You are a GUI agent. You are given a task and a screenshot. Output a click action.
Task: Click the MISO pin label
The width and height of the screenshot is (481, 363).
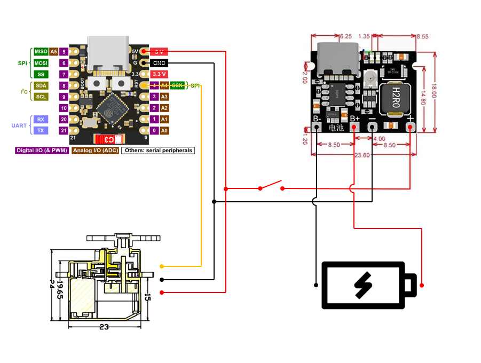tap(41, 52)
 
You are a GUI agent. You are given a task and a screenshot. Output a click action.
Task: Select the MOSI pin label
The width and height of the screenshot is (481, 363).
tap(41, 63)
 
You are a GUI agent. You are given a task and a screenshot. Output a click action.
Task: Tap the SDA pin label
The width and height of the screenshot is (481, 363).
tap(41, 85)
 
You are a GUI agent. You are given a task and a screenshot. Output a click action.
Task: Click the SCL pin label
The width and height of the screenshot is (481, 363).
tap(41, 97)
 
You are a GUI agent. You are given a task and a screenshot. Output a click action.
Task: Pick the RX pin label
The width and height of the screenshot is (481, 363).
tap(41, 119)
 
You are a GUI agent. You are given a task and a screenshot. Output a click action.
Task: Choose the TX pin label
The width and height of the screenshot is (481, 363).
tap(41, 130)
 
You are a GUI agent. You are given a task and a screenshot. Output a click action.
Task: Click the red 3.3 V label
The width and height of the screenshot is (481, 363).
tap(159, 74)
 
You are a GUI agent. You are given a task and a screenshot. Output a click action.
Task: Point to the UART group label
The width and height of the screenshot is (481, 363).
tap(19, 125)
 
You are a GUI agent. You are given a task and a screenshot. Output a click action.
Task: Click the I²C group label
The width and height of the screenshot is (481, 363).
tap(24, 92)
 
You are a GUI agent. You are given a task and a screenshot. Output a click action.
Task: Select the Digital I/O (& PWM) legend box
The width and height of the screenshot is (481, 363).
tap(42, 151)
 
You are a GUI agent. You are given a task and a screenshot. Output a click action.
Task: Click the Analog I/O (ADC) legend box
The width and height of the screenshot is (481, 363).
tap(95, 151)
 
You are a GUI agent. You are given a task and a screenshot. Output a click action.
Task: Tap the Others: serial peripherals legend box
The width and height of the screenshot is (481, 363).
tap(157, 151)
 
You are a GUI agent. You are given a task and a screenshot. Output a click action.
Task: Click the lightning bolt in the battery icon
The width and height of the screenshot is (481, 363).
tap(363, 285)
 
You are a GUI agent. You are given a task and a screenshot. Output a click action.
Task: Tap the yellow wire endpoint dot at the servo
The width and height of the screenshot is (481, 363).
tap(161, 266)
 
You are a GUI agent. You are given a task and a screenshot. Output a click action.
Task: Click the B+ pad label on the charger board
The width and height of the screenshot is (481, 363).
tap(355, 118)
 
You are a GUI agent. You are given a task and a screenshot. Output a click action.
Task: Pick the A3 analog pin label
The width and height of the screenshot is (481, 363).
tap(164, 97)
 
